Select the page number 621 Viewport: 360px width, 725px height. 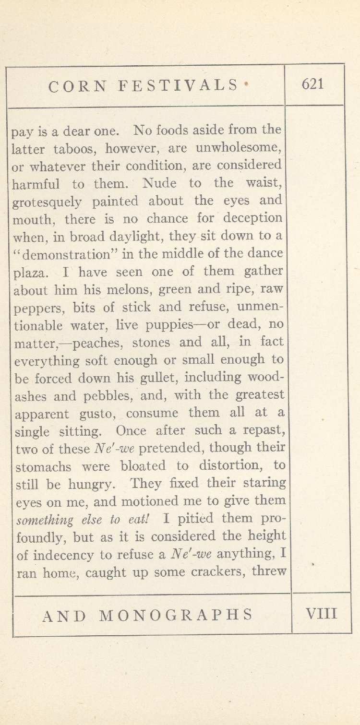312,84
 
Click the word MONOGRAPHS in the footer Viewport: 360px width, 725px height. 175,615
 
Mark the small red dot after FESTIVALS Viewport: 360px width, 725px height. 247,83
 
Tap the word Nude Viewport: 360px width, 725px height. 161,183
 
